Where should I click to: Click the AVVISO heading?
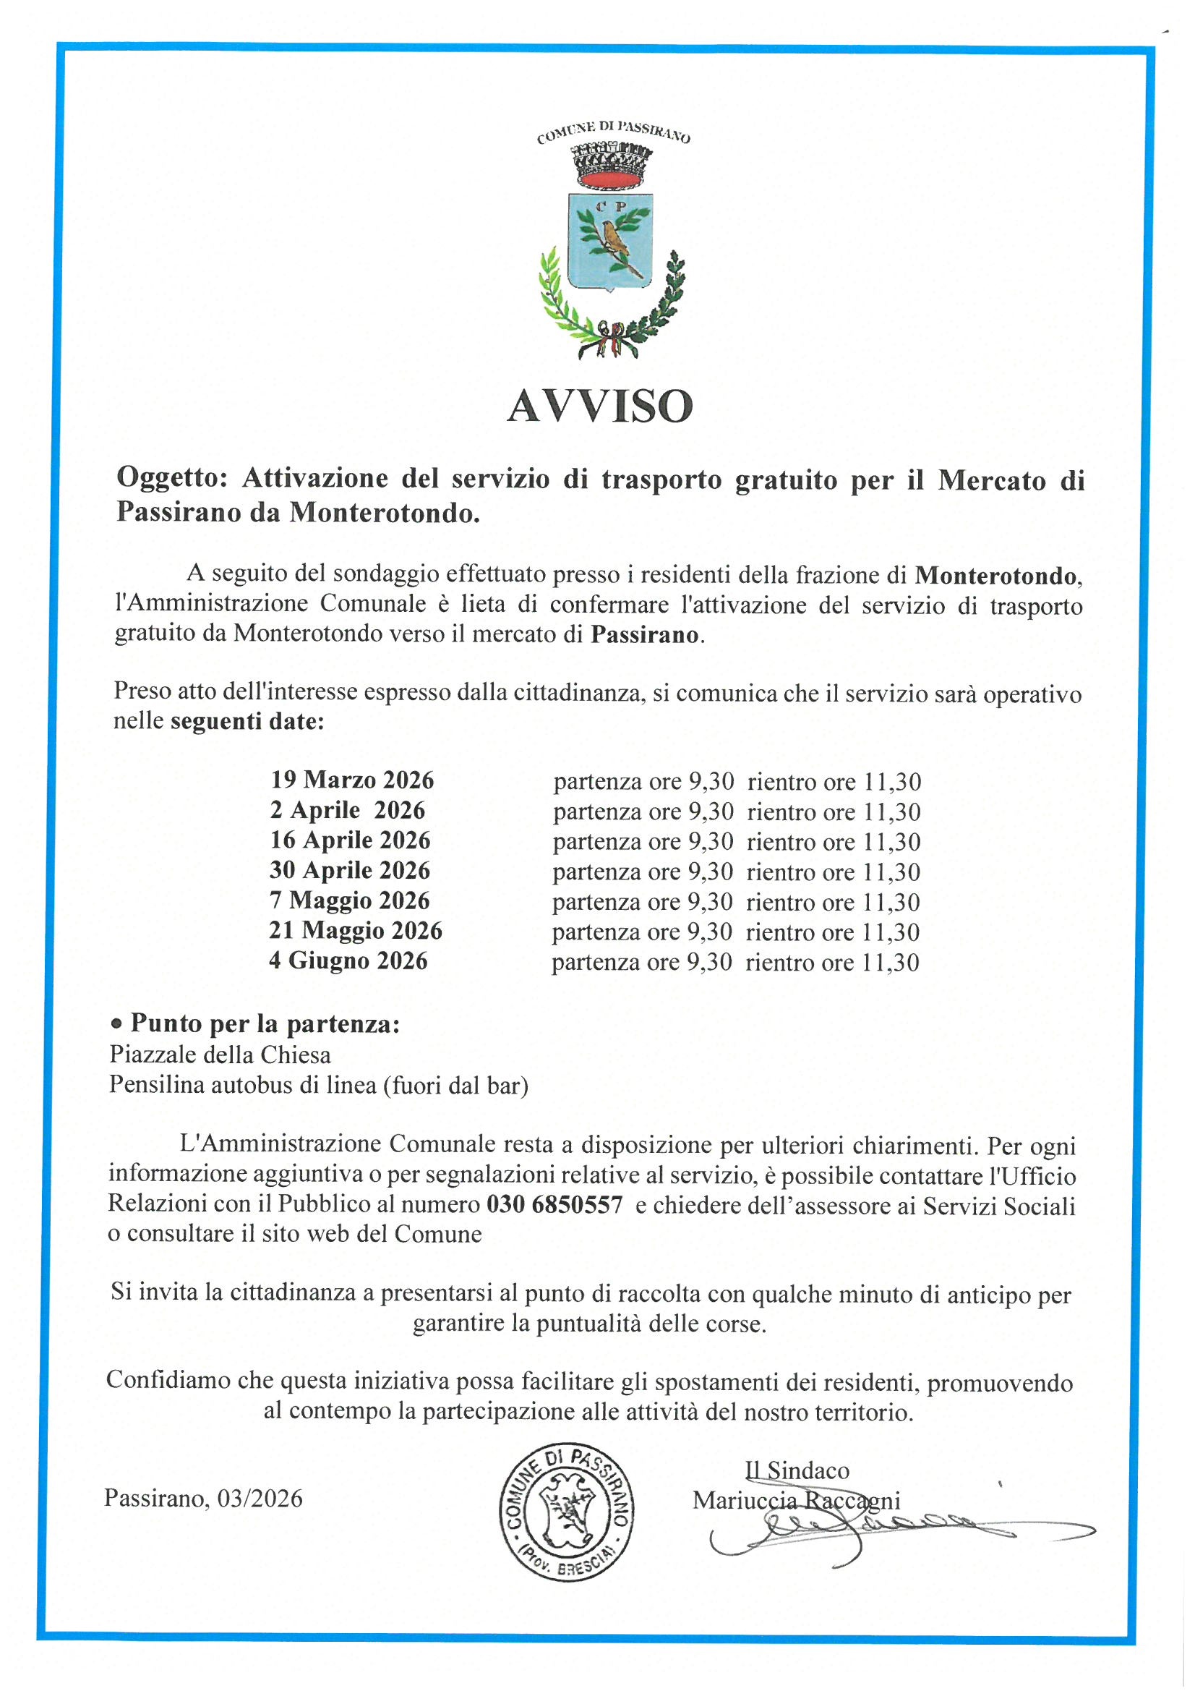coord(600,406)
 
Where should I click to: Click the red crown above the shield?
coord(611,165)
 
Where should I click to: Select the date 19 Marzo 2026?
coord(352,779)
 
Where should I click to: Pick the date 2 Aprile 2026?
coord(348,810)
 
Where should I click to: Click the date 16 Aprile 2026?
coord(350,840)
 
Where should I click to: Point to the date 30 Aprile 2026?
coord(350,871)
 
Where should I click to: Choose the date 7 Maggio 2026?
coord(349,900)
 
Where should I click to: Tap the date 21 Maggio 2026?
coord(356,931)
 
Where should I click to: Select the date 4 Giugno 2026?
coord(348,961)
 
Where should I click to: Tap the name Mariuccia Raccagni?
coord(796,1500)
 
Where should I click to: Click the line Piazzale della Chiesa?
coord(220,1055)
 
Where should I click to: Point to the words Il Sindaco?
coord(797,1470)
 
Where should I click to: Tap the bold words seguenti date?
coord(247,721)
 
